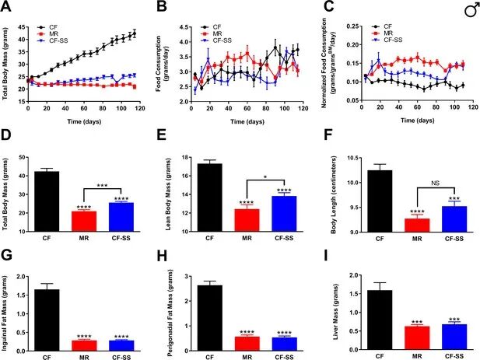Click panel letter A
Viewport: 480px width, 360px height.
coord(8,7)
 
